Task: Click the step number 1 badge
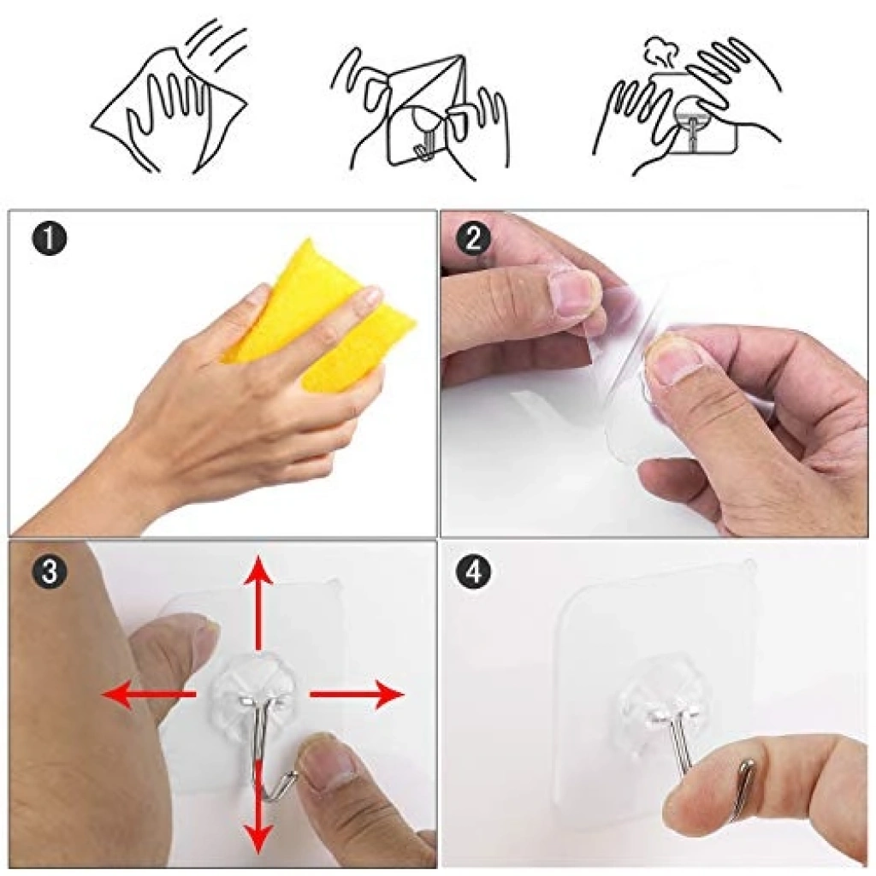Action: [x=49, y=240]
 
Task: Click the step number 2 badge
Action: [x=472, y=240]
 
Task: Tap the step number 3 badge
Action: [x=49, y=572]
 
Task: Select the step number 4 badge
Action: [x=472, y=572]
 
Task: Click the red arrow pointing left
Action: [x=149, y=695]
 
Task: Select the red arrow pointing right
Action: [x=357, y=695]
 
